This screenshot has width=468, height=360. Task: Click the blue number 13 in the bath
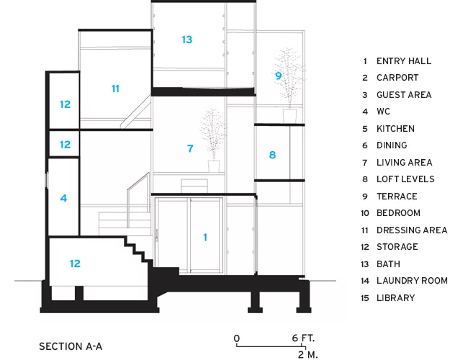coord(187,40)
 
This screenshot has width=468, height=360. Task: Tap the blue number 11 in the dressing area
coord(115,89)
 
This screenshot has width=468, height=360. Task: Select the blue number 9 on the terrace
coord(278,76)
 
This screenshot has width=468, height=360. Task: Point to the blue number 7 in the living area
coord(190,148)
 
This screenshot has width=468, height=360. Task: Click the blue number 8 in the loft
coord(272,155)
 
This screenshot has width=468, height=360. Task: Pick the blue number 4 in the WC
coord(63,198)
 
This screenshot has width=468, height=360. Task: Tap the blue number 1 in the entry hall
coord(205,238)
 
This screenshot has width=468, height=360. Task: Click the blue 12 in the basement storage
coord(75,264)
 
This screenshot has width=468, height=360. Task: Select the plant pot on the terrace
coord(289,116)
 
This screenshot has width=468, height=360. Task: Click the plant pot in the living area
coord(214,166)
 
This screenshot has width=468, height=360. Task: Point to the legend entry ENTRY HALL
coord(403,61)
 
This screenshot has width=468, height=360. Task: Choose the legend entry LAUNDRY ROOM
coord(412,281)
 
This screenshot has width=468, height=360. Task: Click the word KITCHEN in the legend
coord(395,129)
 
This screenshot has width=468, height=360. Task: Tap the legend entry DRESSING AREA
coord(412,230)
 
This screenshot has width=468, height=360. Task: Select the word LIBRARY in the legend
coord(396,298)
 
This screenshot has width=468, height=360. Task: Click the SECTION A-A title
coord(71,346)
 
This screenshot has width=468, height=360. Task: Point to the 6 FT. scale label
coord(303,338)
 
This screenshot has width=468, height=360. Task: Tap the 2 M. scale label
coord(307,355)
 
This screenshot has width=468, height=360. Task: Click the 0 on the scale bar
coord(237,338)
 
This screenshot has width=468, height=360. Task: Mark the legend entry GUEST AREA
coord(404,95)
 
